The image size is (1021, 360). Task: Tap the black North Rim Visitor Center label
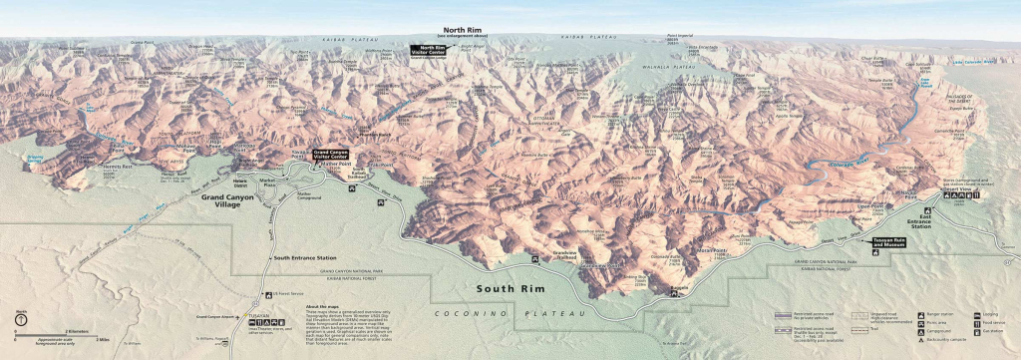click(433, 49)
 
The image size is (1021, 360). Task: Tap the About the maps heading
click(325, 306)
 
